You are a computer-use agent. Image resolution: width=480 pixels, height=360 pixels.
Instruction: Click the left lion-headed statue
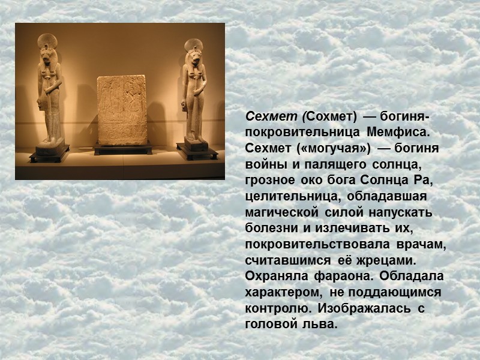[49, 96]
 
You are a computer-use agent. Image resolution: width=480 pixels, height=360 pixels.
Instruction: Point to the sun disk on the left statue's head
[47, 40]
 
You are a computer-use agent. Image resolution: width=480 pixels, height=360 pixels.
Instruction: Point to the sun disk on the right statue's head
[193, 45]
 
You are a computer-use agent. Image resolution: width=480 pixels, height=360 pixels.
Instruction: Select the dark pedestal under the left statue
[49, 151]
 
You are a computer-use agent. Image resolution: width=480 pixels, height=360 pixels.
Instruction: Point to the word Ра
[424, 179]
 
